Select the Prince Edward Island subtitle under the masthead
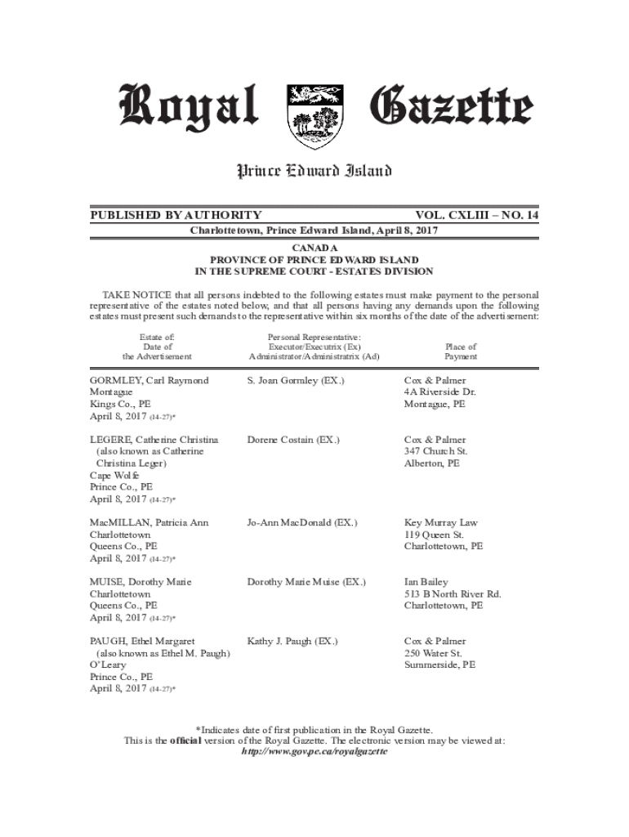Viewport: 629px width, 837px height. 314,171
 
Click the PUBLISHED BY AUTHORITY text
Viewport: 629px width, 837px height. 176,215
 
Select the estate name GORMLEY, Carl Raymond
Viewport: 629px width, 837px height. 149,381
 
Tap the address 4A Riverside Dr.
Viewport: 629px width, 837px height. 439,392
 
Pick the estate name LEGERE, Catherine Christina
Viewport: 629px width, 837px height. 154,440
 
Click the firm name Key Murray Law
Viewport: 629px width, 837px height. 440,522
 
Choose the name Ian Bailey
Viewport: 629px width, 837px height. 424,582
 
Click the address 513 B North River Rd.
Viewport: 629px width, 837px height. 453,593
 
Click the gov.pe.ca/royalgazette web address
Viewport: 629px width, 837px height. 314,752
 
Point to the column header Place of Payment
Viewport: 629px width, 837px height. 461,351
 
